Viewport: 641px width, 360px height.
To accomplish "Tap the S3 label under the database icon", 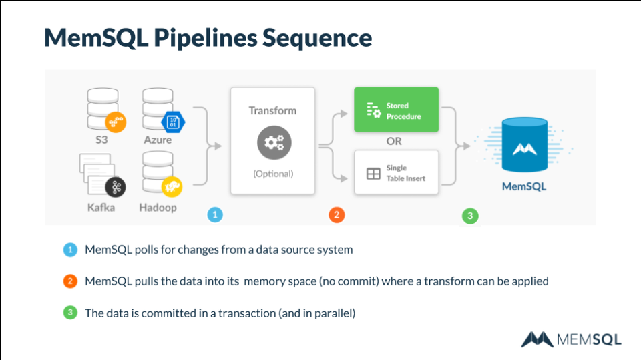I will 102,140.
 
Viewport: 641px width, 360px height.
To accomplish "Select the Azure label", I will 158,140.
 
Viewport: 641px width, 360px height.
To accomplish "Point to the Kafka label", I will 101,207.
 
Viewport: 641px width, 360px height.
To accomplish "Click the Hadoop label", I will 158,207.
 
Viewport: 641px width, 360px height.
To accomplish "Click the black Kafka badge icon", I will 116,188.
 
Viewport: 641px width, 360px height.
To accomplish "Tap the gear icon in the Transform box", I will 273,142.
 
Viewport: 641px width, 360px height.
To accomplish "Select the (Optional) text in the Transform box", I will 273,174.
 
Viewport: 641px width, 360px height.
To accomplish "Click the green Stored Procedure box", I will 396,110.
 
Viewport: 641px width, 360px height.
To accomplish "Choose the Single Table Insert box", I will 396,172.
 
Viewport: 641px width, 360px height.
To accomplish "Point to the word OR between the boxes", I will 394,141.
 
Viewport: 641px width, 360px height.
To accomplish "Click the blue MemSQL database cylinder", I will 524,145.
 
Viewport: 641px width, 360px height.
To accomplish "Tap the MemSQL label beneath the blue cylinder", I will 524,186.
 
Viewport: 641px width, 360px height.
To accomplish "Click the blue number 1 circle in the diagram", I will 215,214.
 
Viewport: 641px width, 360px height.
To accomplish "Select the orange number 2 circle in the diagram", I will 337,214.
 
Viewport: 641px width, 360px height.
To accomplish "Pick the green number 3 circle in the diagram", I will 470,216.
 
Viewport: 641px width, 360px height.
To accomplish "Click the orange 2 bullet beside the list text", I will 70,281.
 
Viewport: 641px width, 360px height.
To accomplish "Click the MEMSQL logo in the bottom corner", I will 571,339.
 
